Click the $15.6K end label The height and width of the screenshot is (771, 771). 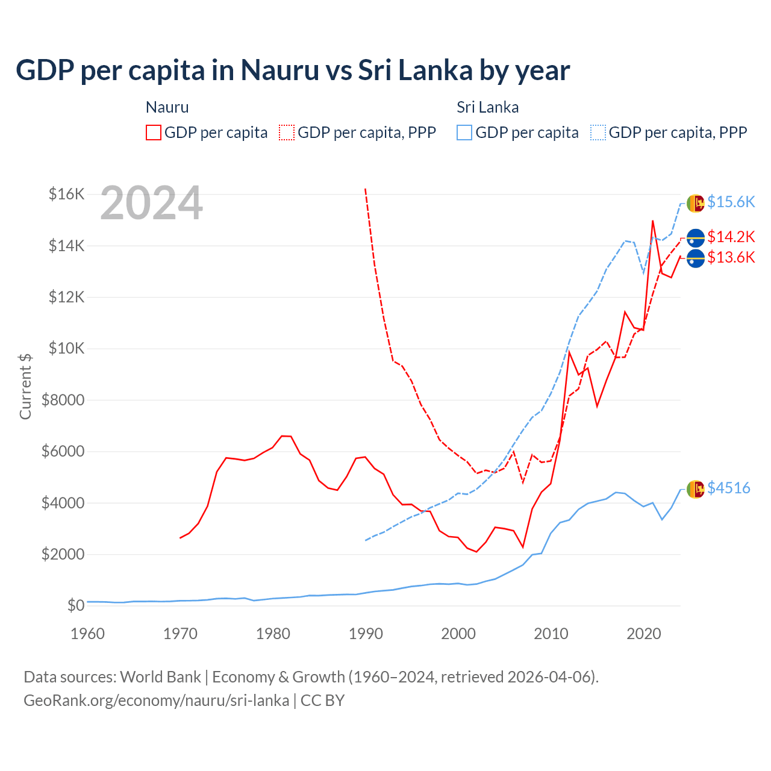[x=731, y=202]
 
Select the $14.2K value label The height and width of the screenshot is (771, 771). [x=731, y=237]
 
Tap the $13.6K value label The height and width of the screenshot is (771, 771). [x=731, y=258]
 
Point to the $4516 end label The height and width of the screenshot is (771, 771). [x=728, y=488]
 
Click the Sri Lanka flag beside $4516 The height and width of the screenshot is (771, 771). [x=695, y=489]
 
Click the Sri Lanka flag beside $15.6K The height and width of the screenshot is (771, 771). [x=695, y=203]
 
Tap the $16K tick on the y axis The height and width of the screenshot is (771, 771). [x=66, y=194]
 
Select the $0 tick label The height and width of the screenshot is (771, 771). [x=75, y=605]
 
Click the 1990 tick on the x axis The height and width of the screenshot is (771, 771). [x=366, y=634]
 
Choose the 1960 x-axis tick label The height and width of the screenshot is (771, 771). [x=88, y=634]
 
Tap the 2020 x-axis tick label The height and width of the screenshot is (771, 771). [x=644, y=634]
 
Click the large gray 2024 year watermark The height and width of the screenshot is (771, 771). [x=151, y=204]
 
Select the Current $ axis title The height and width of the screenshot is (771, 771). [x=25, y=386]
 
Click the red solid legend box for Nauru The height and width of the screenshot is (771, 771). [x=154, y=133]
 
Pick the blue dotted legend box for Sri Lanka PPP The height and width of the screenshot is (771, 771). [x=598, y=133]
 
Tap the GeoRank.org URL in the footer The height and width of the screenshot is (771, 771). [x=157, y=701]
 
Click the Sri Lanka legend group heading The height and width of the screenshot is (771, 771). [x=487, y=107]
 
